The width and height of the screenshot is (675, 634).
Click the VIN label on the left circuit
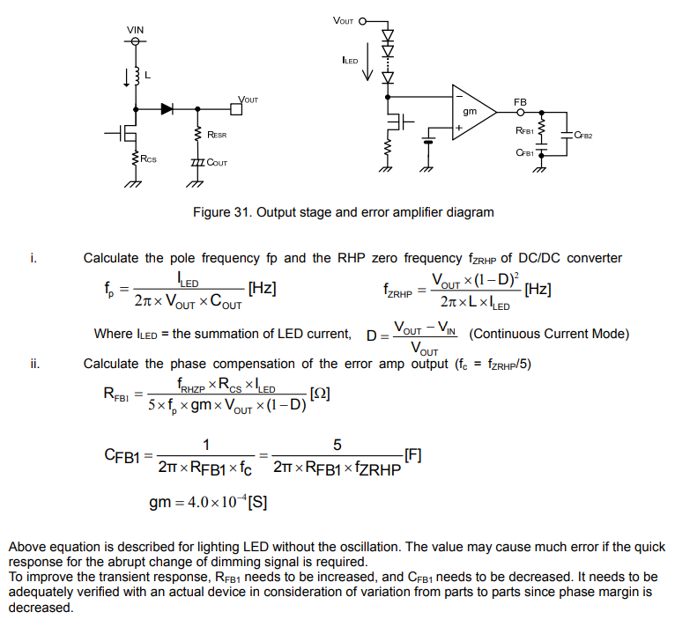pyautogui.click(x=135, y=30)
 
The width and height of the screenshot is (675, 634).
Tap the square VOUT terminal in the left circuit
pyautogui.click(x=235, y=109)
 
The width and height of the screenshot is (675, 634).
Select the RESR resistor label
pyautogui.click(x=217, y=135)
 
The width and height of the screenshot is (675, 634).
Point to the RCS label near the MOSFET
pyautogui.click(x=149, y=159)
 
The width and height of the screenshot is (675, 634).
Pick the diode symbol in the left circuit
pyautogui.click(x=167, y=109)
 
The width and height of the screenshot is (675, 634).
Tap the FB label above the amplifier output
pyautogui.click(x=520, y=103)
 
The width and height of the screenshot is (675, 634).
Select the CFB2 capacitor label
pyautogui.click(x=583, y=136)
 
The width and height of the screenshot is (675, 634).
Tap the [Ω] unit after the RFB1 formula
pyautogui.click(x=320, y=394)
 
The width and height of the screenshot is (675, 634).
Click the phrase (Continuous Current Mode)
pyautogui.click(x=549, y=335)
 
